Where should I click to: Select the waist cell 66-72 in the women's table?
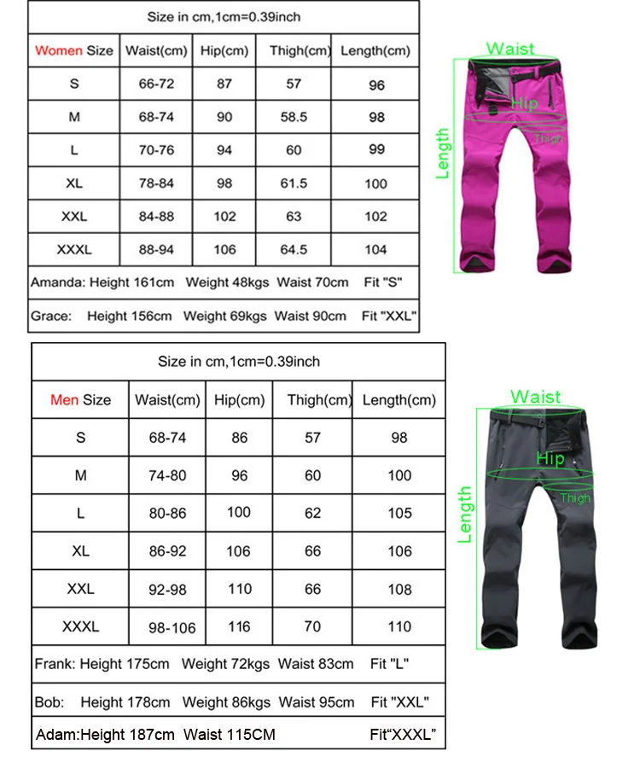click(x=156, y=84)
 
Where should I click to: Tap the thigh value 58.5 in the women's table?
click(x=294, y=117)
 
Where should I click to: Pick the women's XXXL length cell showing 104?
click(x=376, y=250)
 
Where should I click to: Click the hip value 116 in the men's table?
click(x=240, y=626)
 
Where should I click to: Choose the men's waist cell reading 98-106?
click(x=167, y=627)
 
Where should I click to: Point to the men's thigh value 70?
click(x=313, y=626)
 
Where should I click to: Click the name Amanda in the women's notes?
click(x=55, y=282)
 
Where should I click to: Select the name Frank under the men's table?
click(x=54, y=663)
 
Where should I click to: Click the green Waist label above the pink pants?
click(x=511, y=49)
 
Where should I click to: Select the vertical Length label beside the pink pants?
click(x=443, y=154)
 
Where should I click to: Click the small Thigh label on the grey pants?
click(x=575, y=498)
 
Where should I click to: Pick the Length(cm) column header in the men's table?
click(x=399, y=399)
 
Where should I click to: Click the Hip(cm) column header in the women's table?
click(x=224, y=50)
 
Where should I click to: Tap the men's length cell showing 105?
click(x=399, y=513)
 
